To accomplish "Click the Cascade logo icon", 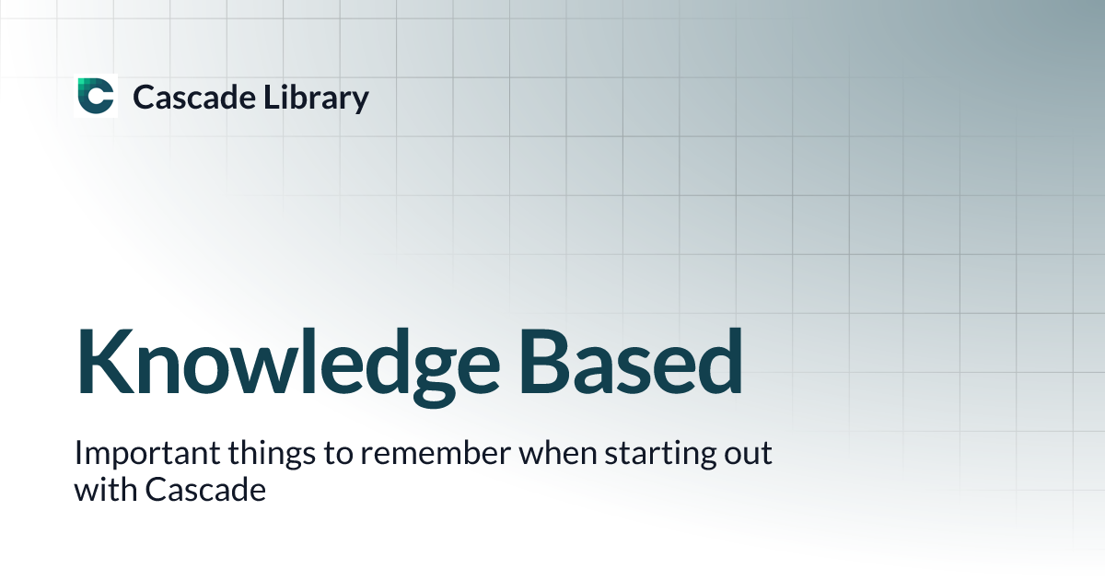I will [x=96, y=97].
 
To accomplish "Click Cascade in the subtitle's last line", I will [x=204, y=490].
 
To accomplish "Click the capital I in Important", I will [x=78, y=455].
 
